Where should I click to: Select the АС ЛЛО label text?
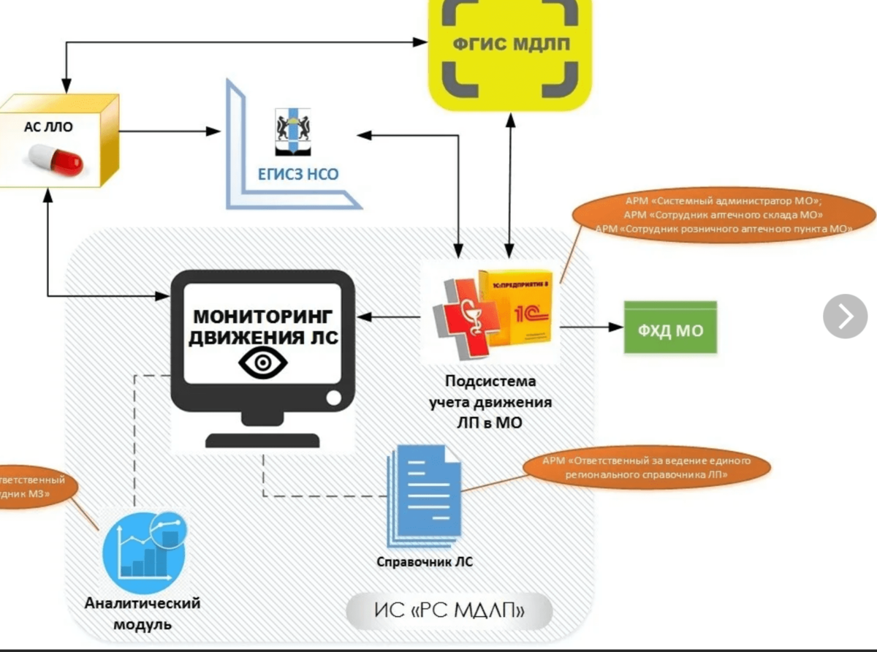(49, 126)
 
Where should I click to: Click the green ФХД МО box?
(669, 330)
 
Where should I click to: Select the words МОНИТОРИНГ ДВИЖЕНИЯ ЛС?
(262, 327)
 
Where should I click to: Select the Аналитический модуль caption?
(143, 614)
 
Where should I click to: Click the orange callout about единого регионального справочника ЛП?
(647, 468)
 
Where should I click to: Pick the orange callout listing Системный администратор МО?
(724, 214)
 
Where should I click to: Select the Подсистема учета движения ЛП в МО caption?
(490, 401)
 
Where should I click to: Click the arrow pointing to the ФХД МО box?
(591, 329)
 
